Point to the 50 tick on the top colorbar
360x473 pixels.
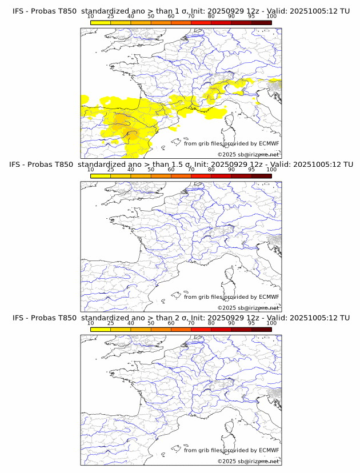(151, 16)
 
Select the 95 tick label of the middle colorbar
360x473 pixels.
(251, 170)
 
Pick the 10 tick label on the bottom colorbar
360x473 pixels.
(91, 323)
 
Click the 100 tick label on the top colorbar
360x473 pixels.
(271, 16)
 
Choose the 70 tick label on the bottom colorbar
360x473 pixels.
(191, 323)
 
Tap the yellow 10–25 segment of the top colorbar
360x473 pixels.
(101, 22)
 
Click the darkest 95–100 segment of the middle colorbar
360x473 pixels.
(261, 176)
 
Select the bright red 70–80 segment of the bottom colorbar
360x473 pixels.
(201, 329)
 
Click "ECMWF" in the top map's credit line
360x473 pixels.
(269, 143)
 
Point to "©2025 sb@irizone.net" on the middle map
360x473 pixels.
(248, 307)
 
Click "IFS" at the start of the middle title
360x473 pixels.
(18, 165)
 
